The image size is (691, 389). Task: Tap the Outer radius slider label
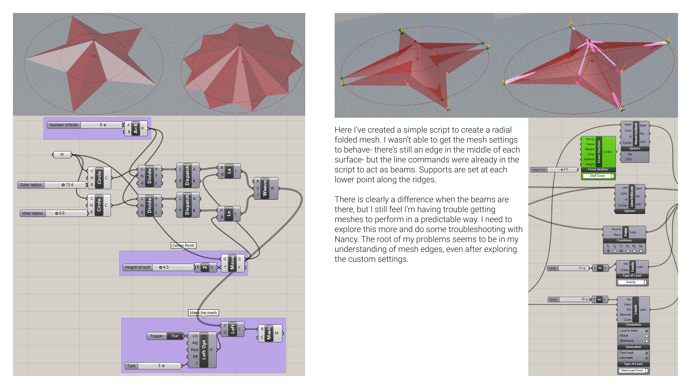[31, 185]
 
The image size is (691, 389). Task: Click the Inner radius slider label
[32, 213]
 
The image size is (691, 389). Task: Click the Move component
[232, 263]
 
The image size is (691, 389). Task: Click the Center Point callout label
[183, 245]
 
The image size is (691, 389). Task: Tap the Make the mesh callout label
[203, 312]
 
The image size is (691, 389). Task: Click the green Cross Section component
[598, 152]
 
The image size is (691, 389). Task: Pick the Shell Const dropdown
[598, 176]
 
